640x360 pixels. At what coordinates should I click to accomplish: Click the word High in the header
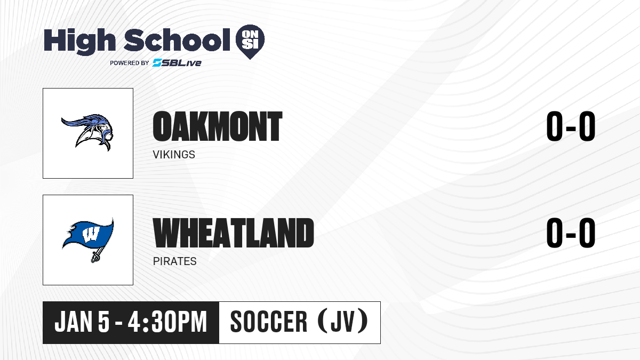(79, 41)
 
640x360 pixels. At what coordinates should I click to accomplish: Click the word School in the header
(177, 40)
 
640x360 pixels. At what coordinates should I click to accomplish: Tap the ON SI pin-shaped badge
(250, 42)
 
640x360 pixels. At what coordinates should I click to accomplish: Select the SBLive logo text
(177, 63)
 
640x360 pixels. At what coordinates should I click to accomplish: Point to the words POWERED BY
(130, 63)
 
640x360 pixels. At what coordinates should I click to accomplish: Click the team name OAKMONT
(218, 126)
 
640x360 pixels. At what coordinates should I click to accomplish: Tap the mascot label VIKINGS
(174, 155)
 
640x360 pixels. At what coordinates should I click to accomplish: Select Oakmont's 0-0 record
(571, 126)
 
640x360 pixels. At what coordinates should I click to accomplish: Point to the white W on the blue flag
(91, 235)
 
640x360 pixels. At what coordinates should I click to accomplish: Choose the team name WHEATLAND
(234, 233)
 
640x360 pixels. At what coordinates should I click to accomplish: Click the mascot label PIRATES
(175, 261)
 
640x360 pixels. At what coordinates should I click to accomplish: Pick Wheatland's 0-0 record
(571, 233)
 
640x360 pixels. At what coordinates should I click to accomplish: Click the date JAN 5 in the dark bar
(82, 322)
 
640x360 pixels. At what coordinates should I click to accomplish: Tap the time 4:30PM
(167, 322)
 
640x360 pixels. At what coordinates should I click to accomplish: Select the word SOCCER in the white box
(269, 322)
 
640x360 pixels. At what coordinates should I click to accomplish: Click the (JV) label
(342, 321)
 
